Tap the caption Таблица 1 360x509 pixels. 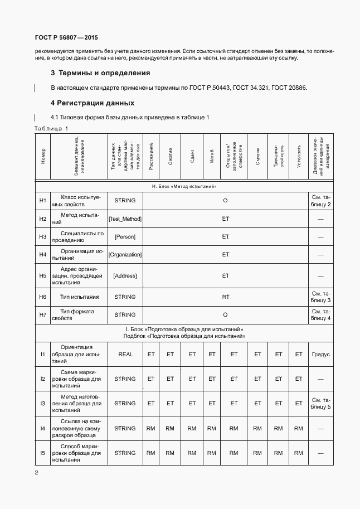point(51,128)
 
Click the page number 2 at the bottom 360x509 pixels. point(36,473)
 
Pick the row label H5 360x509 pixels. point(42,275)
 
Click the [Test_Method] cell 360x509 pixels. point(125,219)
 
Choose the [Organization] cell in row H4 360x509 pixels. point(125,255)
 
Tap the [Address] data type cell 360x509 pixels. point(125,275)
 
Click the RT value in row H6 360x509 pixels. point(226,297)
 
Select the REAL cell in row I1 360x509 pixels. point(125,354)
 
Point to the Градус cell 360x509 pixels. point(320,354)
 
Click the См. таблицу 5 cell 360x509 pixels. point(320,403)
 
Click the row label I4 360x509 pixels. point(42,428)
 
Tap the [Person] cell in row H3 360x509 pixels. point(125,237)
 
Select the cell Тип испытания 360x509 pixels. point(80,297)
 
